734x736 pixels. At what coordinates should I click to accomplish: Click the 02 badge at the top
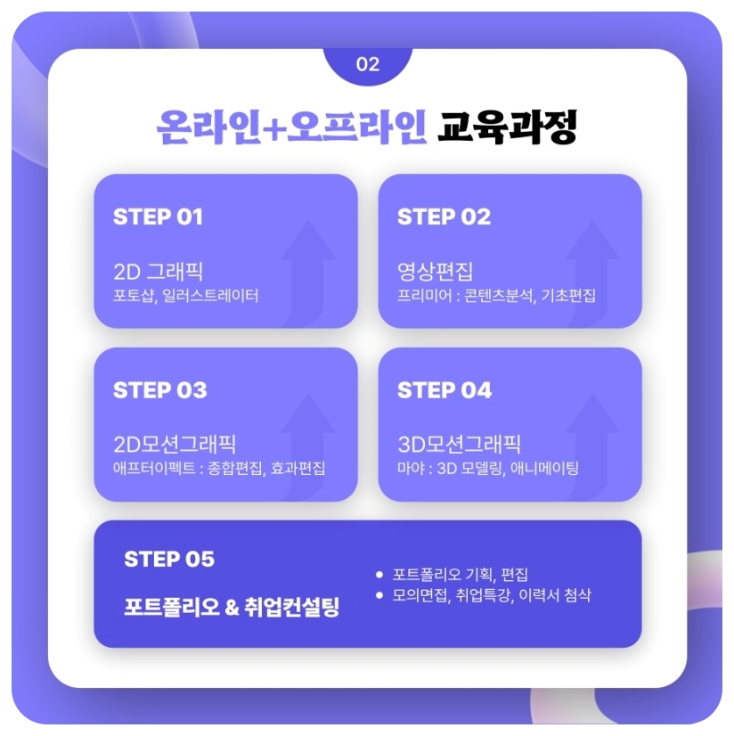367,64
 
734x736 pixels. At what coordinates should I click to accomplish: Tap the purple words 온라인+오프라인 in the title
291,127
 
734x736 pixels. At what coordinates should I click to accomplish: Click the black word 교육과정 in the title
508,127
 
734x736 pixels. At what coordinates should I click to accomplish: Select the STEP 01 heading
159,217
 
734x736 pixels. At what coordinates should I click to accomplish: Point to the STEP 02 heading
444,217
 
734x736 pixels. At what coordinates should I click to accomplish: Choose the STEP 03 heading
160,390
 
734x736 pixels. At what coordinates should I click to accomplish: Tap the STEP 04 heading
444,390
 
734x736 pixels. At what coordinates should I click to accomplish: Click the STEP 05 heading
169,559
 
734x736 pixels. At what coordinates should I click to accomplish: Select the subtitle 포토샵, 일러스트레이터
186,295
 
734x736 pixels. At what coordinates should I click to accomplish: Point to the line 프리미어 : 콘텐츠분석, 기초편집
496,295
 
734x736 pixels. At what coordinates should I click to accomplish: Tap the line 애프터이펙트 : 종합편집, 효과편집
219,468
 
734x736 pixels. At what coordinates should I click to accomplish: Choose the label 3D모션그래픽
459,444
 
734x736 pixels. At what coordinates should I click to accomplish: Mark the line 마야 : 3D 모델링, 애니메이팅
488,468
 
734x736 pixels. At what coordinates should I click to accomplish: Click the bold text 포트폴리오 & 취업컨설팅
232,609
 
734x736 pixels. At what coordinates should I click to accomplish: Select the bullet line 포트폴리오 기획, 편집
460,575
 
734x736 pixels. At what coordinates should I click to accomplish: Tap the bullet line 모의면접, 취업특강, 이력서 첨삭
491,595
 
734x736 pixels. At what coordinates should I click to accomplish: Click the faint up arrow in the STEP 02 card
591,267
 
